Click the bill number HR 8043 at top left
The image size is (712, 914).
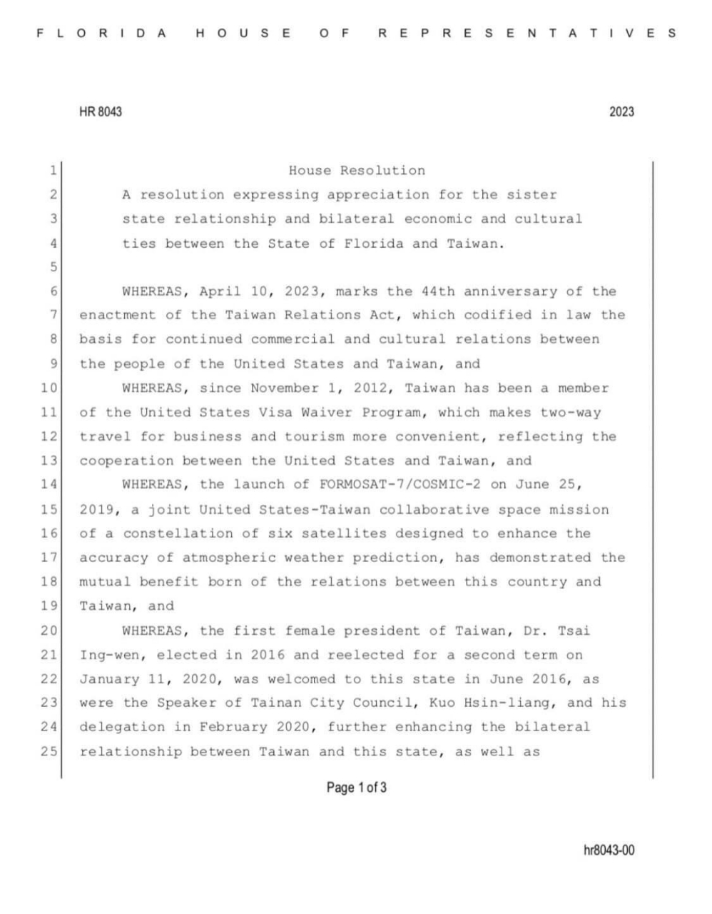[100, 112]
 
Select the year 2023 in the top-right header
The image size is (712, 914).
[621, 112]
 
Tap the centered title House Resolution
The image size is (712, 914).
[357, 171]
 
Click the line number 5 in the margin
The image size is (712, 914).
[53, 267]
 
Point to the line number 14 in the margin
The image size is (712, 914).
[49, 485]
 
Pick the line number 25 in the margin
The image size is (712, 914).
[49, 751]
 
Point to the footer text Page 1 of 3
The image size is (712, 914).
[357, 788]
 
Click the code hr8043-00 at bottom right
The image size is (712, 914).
[609, 850]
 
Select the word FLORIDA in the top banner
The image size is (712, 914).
[101, 33]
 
